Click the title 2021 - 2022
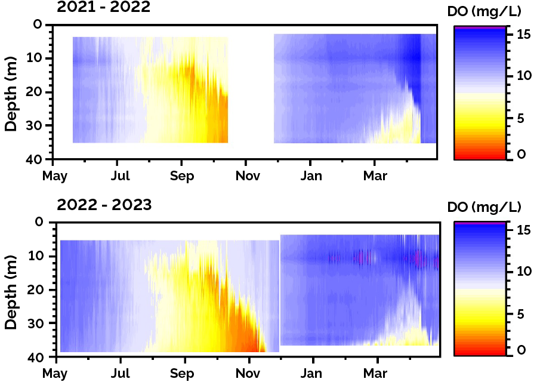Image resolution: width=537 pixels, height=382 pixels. (x=104, y=8)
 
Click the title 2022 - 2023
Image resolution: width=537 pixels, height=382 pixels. (x=104, y=205)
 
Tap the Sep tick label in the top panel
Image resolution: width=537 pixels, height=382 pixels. (x=183, y=176)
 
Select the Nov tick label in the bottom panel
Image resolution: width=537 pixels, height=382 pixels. (x=248, y=374)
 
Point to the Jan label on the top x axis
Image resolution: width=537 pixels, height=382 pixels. (x=311, y=176)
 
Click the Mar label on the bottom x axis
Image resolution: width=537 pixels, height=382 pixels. (x=376, y=374)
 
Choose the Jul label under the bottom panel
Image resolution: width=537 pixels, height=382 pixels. (x=121, y=374)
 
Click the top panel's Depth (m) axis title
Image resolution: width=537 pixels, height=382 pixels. (x=11, y=93)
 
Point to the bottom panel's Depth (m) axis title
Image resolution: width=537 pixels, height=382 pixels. (x=11, y=290)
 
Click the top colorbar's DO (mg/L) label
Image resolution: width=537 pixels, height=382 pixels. (x=484, y=11)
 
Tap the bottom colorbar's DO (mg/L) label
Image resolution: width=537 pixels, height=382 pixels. (x=484, y=207)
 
